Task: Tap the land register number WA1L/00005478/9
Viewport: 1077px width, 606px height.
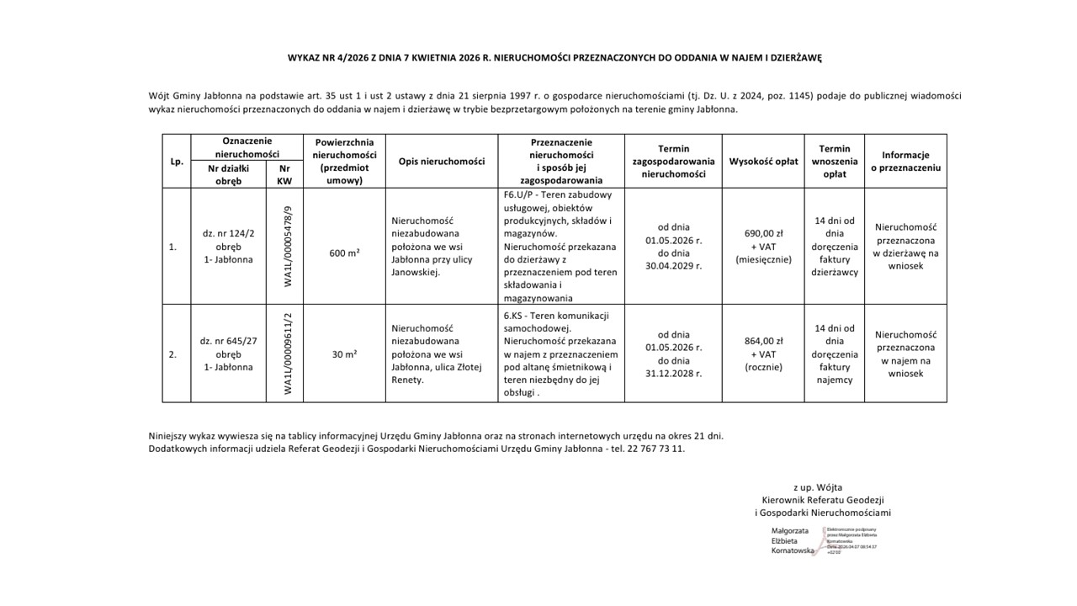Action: pos(288,246)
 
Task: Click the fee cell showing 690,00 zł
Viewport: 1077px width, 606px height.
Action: pos(763,233)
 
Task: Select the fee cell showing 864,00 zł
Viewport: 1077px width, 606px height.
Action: pos(763,342)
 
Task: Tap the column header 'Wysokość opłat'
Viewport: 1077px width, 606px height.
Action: pos(763,162)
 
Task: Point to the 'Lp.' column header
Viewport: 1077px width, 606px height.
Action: pos(177,162)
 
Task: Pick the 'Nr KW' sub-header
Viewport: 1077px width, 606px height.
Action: pos(284,174)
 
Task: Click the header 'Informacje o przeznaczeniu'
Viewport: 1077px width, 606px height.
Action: pos(905,162)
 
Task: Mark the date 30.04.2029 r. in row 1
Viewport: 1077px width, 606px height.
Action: pos(674,265)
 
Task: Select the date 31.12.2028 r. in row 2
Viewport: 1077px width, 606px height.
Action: pos(674,373)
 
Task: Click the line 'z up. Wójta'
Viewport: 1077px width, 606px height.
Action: pos(817,487)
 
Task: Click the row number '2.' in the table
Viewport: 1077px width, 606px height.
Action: pos(172,354)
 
